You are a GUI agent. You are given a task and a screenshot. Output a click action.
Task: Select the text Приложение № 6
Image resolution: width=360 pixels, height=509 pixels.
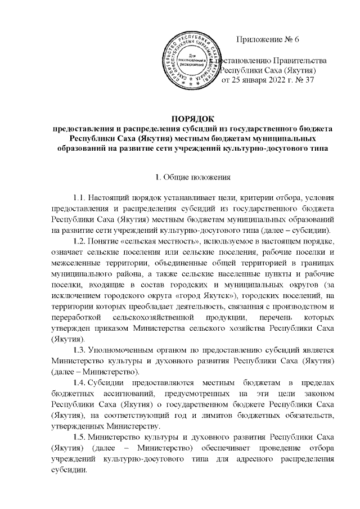coord(269,39)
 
